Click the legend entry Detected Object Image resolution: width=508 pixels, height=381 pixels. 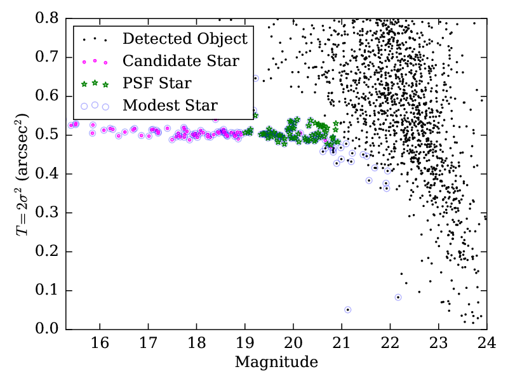pos(184,39)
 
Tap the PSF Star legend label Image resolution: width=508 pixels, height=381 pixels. pos(157,83)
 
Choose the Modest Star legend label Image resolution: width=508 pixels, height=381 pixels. pos(170,105)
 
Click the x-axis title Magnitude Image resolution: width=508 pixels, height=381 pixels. pos(276,363)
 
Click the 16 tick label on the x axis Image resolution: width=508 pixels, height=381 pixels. pos(100,344)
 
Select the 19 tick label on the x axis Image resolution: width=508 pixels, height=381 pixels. pos(244,344)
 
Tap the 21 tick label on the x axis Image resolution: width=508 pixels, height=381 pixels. pos(342,344)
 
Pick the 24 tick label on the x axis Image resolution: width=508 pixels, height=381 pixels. pos(486,344)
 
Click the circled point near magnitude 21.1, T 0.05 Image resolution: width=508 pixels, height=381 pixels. pos(348,310)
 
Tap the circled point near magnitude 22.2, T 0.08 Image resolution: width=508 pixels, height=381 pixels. pos(398,297)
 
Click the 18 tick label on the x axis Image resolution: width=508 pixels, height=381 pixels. pos(196,344)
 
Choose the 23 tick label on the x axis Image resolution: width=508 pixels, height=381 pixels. pos(438,344)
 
